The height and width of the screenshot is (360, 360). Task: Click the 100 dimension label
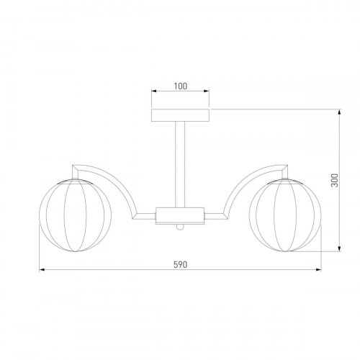180,86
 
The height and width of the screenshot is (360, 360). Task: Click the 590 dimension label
180,265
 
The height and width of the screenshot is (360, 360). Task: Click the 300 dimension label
334,180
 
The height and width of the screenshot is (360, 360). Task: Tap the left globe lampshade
75,215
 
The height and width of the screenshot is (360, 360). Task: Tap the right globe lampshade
285,215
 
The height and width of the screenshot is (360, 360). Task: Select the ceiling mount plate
180,115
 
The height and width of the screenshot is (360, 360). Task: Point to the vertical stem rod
180,164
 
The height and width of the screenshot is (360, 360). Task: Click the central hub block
180,216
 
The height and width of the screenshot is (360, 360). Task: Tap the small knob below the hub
180,227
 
